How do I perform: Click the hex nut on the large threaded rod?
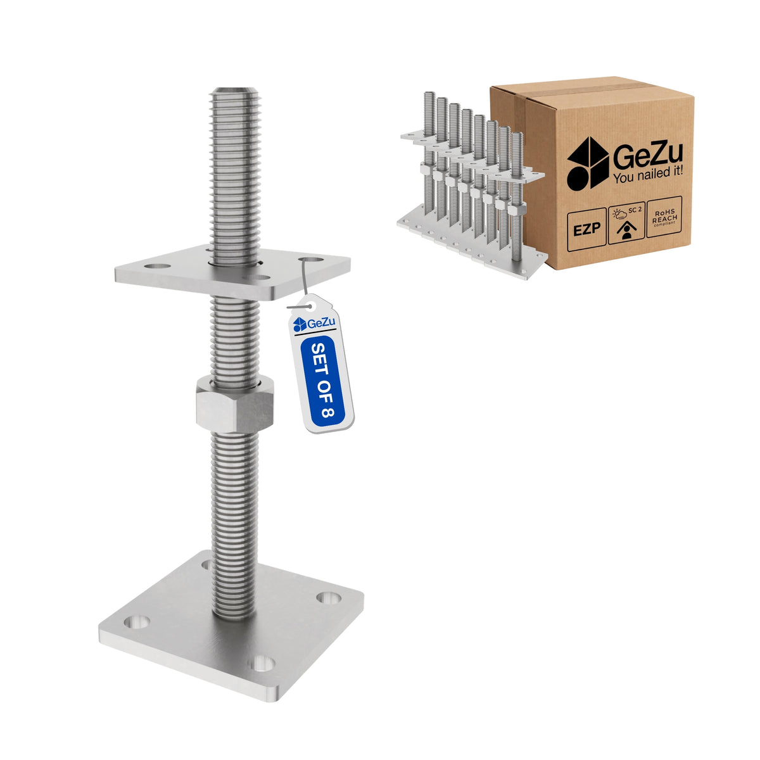(x=235, y=404)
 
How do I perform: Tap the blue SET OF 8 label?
(x=322, y=381)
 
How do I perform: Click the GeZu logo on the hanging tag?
(x=314, y=324)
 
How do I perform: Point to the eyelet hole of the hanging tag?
(x=309, y=306)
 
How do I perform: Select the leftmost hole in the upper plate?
(x=157, y=266)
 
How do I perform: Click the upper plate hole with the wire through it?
(x=311, y=260)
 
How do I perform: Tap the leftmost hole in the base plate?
(x=136, y=622)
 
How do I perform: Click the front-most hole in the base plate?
(x=262, y=663)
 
